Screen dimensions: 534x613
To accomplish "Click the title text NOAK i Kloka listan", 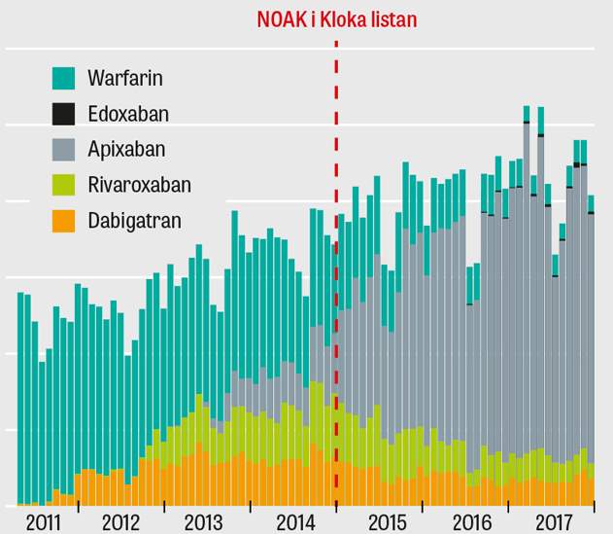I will [x=337, y=18].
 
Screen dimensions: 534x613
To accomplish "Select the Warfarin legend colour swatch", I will [x=63, y=78].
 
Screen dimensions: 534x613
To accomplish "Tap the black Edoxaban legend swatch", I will [x=63, y=114].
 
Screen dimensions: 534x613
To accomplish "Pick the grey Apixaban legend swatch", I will [x=63, y=150].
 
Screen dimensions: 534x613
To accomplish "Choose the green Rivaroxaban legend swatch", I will [x=63, y=186].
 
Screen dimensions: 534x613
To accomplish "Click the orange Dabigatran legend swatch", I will [x=63, y=222].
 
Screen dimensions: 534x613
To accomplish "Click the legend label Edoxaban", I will [x=127, y=114].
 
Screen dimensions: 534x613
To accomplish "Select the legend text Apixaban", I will [x=125, y=150].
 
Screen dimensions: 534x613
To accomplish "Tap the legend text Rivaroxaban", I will [x=139, y=186].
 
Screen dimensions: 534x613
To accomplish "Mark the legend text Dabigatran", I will [x=134, y=222].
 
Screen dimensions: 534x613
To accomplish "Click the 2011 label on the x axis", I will [x=45, y=521].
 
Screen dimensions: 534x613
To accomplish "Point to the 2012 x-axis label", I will [x=121, y=521].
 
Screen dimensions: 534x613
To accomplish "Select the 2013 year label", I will [x=207, y=521].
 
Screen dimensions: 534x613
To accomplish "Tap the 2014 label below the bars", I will [x=292, y=521].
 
